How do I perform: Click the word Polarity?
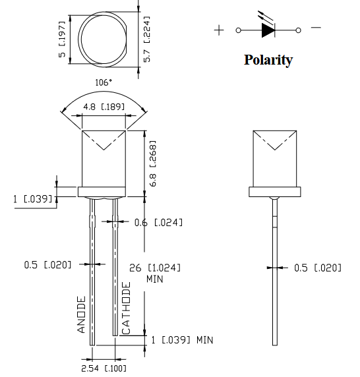pyautogui.click(x=268, y=60)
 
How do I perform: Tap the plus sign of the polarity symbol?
pyautogui.click(x=219, y=30)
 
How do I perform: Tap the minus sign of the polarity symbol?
pyautogui.click(x=316, y=28)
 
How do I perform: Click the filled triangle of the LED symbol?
pyautogui.click(x=268, y=30)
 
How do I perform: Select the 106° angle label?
pyautogui.click(x=104, y=82)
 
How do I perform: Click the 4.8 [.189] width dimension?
pyautogui.click(x=104, y=107)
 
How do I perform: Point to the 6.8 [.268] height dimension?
pyautogui.click(x=153, y=163)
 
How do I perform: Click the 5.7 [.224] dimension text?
pyautogui.click(x=146, y=39)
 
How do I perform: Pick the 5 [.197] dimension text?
pyautogui.click(x=62, y=39)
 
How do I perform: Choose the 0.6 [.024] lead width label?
pyautogui.click(x=158, y=223)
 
